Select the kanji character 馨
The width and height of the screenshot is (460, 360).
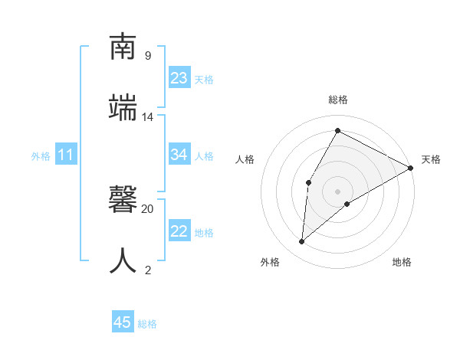coord(124,199)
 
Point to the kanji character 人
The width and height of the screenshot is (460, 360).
coord(124,260)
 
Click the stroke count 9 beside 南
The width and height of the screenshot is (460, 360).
coord(147,56)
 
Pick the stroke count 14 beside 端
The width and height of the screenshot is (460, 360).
coord(148,117)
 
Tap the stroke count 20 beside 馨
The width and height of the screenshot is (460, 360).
coord(148,208)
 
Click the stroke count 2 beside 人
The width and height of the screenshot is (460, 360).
coord(147,270)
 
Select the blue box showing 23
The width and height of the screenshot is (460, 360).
coord(179,78)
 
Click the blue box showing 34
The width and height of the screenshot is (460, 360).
coord(179,155)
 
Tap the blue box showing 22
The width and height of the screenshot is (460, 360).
coord(179,231)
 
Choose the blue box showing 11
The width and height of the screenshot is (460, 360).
coord(66,155)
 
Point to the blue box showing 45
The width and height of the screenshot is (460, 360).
coord(123,322)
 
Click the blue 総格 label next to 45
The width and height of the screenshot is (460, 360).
coord(147,324)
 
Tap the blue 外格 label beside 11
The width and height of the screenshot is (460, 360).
coord(41,156)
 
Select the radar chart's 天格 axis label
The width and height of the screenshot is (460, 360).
coord(431,159)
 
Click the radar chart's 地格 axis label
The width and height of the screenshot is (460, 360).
coord(402,262)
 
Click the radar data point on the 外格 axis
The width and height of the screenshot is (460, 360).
coord(302,242)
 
